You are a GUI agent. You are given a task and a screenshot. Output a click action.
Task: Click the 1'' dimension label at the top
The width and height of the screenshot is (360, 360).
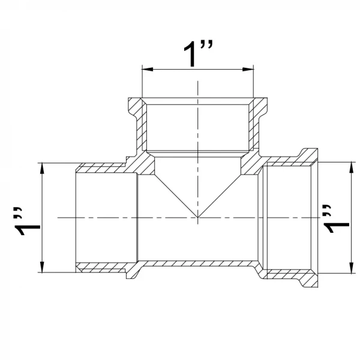click(x=198, y=53)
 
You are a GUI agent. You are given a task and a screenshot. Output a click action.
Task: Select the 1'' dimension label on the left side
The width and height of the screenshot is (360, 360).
click(x=27, y=221)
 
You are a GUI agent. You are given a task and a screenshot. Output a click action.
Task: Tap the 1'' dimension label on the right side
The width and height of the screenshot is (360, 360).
click(x=336, y=218)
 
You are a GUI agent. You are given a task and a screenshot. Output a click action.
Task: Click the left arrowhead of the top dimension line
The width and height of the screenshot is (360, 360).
click(x=148, y=69)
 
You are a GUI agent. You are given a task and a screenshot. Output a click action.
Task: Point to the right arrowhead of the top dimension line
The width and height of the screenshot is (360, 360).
click(x=248, y=69)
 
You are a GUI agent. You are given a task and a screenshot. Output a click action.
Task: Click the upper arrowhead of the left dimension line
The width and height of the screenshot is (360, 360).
click(x=42, y=169)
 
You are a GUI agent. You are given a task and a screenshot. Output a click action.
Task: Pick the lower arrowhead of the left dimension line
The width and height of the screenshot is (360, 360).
click(x=42, y=267)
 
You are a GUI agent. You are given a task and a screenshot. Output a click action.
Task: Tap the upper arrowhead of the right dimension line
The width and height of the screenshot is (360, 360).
click(x=351, y=167)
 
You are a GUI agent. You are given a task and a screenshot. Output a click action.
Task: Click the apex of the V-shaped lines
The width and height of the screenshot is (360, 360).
click(x=198, y=217)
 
